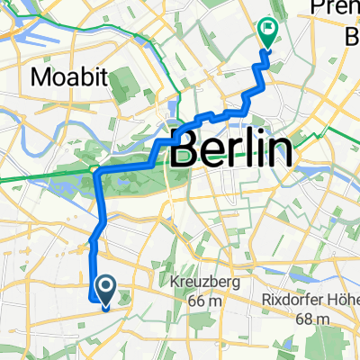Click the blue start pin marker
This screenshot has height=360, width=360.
tap(104, 290)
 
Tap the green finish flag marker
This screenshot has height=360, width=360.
tap(268, 33)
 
